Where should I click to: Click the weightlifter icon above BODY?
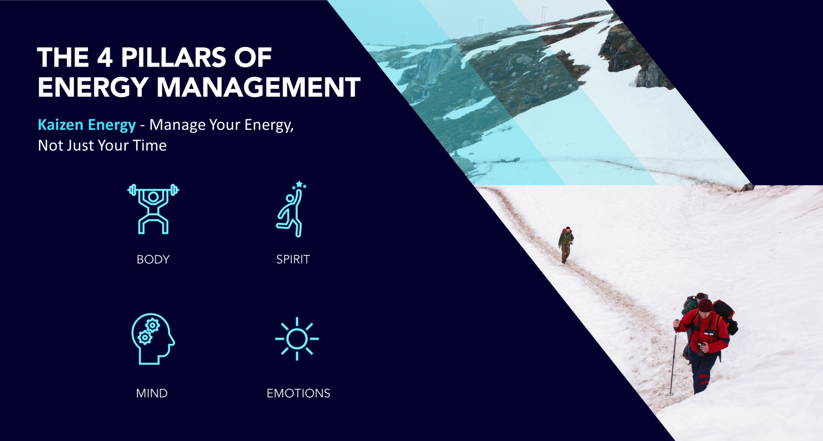(153, 209)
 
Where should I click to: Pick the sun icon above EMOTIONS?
(297, 339)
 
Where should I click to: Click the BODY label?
(153, 259)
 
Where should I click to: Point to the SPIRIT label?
(293, 259)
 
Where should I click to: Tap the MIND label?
(152, 393)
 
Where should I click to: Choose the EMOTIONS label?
(298, 393)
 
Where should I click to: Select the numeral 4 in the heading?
(104, 57)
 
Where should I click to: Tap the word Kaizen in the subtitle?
(60, 125)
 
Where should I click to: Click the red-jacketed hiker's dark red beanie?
(705, 305)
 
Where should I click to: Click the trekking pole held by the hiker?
(674, 358)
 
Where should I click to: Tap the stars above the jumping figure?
(299, 185)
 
